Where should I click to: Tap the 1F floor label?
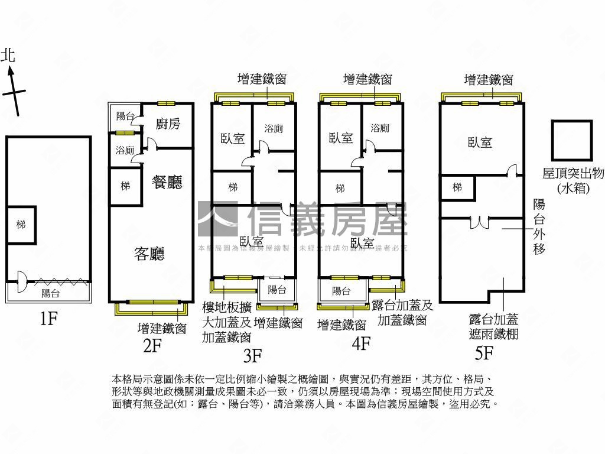click(48, 319)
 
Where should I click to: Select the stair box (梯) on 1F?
click(21, 225)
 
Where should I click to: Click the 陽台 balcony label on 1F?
click(50, 293)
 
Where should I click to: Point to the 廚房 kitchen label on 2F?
click(168, 124)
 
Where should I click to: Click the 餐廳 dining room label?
click(167, 182)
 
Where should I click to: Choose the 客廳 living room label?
click(149, 254)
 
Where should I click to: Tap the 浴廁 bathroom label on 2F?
click(125, 150)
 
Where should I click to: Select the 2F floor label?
click(152, 345)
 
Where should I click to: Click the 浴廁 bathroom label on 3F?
click(273, 128)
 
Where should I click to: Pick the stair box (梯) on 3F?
click(233, 187)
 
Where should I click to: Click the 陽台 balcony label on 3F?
click(277, 290)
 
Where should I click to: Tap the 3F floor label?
click(252, 355)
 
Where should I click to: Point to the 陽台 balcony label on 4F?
click(341, 291)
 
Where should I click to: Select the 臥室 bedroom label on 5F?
click(480, 142)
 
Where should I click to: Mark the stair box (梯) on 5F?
click(457, 187)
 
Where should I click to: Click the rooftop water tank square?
click(571, 140)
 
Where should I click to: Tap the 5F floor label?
click(484, 353)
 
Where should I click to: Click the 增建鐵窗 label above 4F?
click(367, 79)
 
